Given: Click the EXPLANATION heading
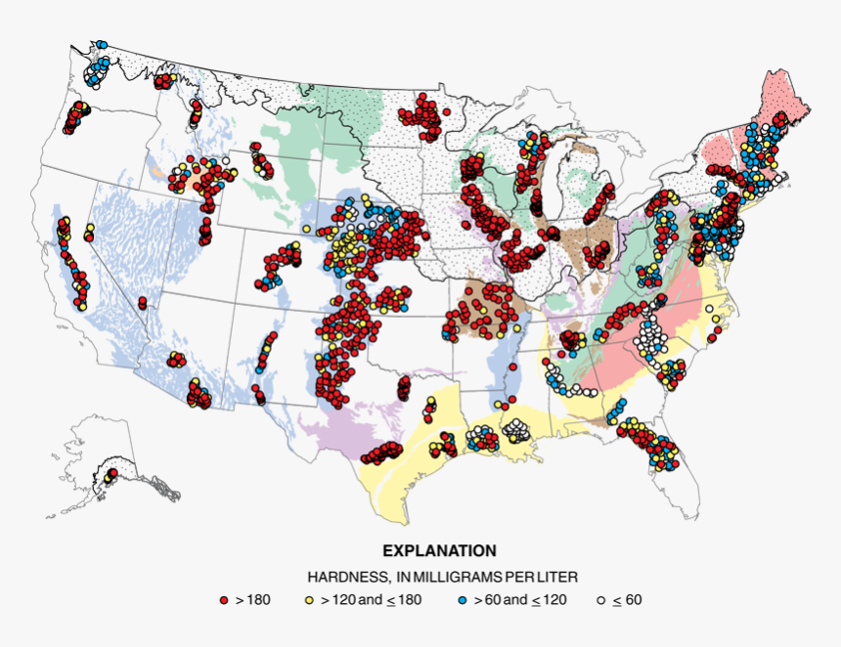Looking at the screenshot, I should (439, 551).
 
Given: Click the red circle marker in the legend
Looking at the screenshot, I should (223, 599).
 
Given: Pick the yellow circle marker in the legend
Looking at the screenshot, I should (310, 599).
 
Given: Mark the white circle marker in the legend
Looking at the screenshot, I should (600, 599).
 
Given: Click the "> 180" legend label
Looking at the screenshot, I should (252, 599).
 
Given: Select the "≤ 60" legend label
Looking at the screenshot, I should (627, 599).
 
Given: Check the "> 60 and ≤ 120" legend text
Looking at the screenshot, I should (518, 599).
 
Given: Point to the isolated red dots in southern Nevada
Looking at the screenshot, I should (143, 302).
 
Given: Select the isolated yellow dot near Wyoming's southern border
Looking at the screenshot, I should (306, 229).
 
